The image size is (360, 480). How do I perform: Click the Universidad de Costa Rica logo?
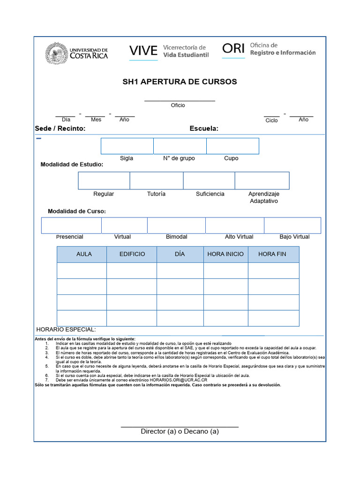coord(76,52)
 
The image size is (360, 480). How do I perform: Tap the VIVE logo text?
coord(143,51)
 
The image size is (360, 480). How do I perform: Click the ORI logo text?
coord(233,48)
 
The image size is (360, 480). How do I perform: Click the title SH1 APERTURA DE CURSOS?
coord(180,82)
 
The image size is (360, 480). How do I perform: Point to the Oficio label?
coord(178,105)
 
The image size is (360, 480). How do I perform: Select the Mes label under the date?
coord(96,120)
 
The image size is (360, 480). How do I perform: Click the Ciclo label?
coord(271,120)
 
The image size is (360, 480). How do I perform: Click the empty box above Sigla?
coord(127,146)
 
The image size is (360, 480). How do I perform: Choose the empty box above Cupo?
coord(232,146)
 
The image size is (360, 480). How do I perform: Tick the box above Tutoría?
coord(156,180)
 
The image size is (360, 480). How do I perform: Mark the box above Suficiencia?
coord(209,180)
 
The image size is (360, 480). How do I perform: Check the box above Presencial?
coord(71,225)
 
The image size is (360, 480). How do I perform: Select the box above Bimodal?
coord(176,225)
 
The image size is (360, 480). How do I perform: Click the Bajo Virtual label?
coord(294,237)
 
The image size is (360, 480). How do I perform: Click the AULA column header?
coord(84,254)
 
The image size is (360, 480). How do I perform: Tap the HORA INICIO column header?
coord(225,254)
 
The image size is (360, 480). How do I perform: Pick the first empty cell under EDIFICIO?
coord(132,270)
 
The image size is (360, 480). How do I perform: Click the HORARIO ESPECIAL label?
coord(66,330)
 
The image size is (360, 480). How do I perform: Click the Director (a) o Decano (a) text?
coord(180,431)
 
